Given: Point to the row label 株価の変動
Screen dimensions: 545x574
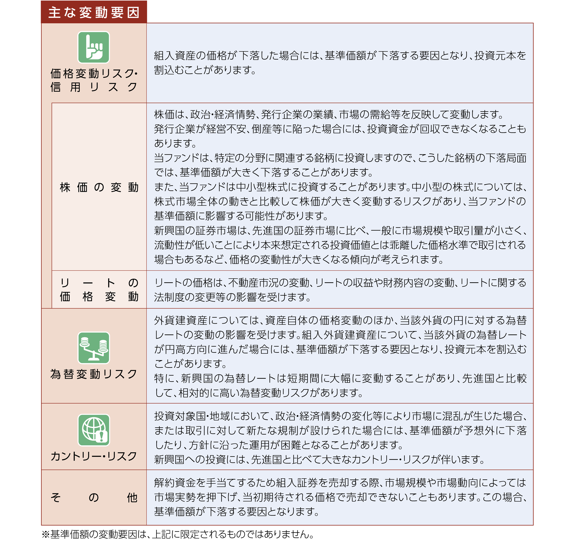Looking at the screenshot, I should click(x=99, y=187).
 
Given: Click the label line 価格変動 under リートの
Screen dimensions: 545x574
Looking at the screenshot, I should click(x=99, y=297).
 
